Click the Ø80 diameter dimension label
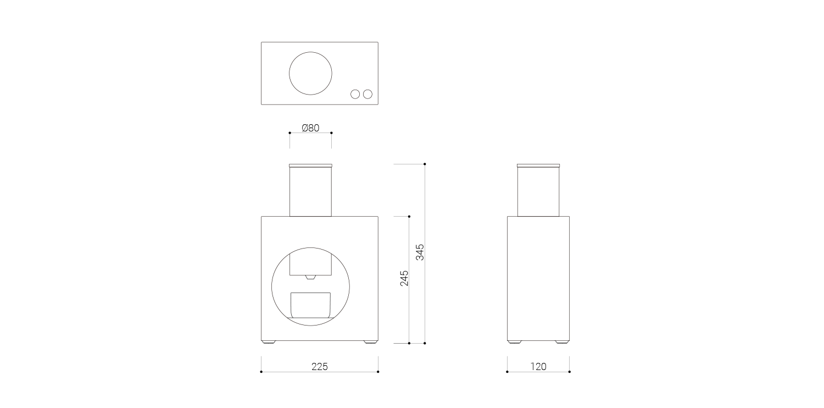point(310,128)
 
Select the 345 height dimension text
point(420,252)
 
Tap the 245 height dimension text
point(404,278)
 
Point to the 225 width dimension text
point(319,367)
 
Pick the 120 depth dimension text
point(538,367)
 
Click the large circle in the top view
point(310,73)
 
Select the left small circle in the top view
point(355,94)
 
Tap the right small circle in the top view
point(368,94)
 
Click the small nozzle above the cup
point(310,277)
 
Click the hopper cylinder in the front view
point(310,191)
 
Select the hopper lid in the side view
point(538,165)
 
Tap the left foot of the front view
point(268,342)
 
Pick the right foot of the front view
point(371,342)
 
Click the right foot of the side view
point(561,342)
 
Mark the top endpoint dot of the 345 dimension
point(425,164)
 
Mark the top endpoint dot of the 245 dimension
point(409,216)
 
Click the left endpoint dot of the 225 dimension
point(261,372)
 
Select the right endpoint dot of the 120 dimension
point(569,372)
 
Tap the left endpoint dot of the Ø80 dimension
point(289,133)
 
